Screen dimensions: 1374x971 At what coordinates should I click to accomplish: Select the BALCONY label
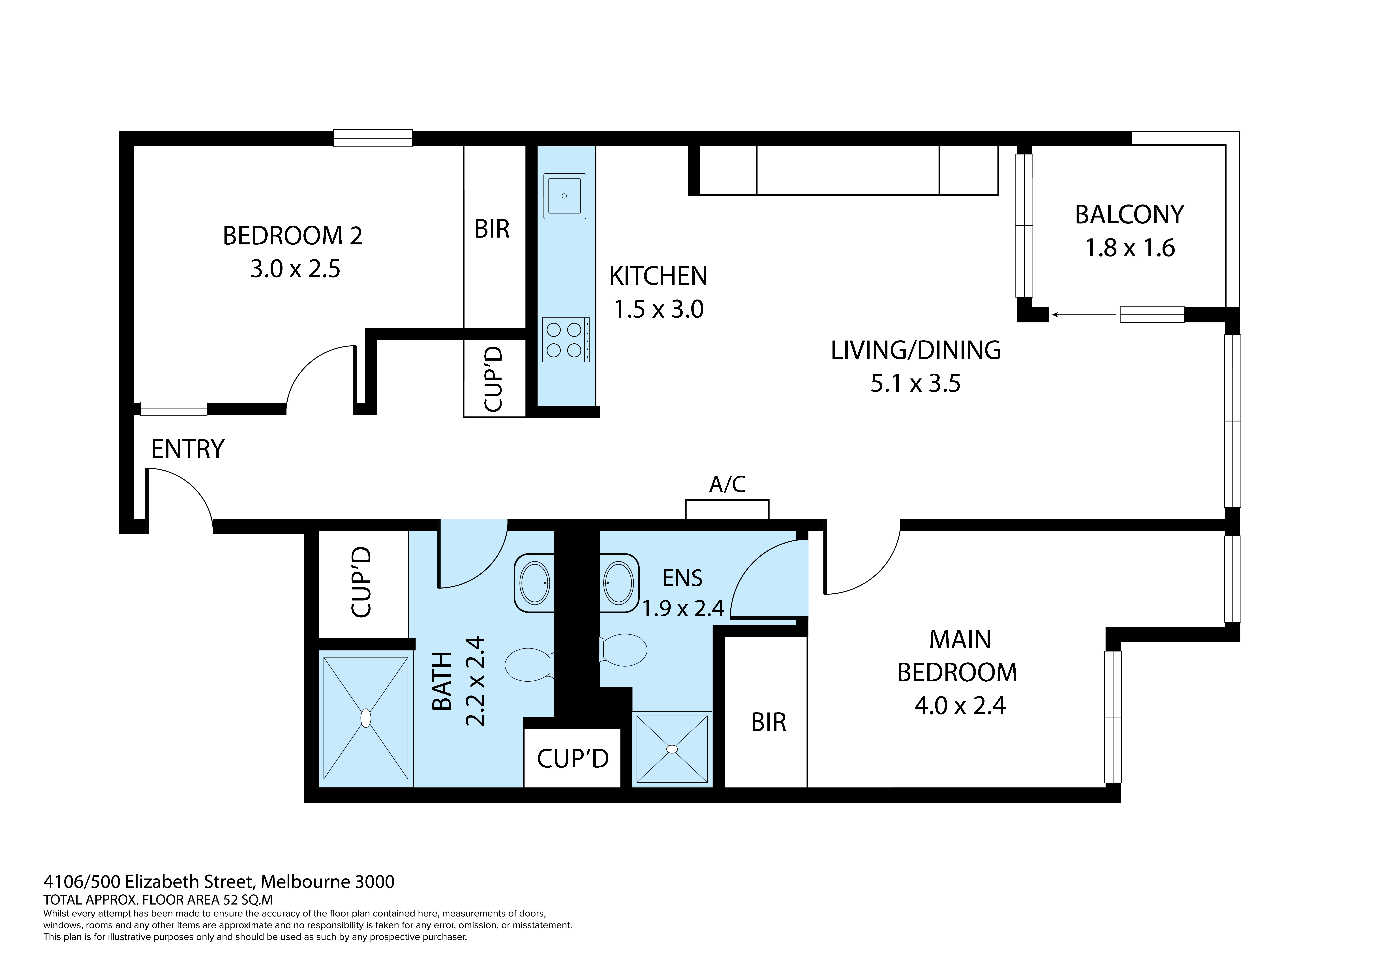tap(1129, 215)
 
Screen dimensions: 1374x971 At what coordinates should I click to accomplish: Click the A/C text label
tap(727, 484)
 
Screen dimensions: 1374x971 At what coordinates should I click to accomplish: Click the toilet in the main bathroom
tap(528, 665)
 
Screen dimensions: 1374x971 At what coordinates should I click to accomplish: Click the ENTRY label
tap(187, 449)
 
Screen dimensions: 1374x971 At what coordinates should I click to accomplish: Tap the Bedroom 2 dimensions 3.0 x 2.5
tap(295, 269)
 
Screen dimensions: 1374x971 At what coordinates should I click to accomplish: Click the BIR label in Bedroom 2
tap(492, 229)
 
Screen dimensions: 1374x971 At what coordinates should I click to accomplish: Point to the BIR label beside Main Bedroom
tap(768, 723)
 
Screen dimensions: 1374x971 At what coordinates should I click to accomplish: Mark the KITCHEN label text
tap(658, 276)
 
